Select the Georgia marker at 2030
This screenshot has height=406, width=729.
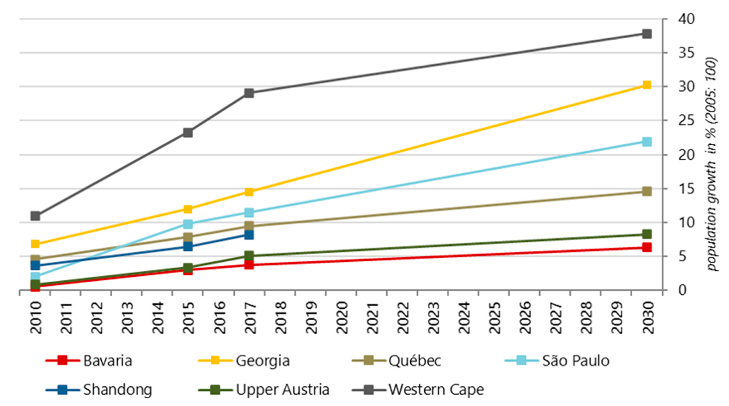coord(647,85)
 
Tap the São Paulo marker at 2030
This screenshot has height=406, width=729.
coord(647,142)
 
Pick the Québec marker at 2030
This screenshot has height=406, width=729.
coord(647,191)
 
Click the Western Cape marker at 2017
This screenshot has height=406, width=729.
coord(249,93)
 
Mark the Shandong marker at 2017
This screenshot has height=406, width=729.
coord(249,235)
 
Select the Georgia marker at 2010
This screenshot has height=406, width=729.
coord(35,244)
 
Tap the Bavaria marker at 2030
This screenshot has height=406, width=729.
coord(647,247)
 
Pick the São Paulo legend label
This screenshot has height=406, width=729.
coord(575,361)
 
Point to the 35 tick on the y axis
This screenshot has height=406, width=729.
coord(686,53)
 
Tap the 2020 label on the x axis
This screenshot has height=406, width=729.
coord(342,318)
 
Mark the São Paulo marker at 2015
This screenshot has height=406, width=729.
coord(188,224)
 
